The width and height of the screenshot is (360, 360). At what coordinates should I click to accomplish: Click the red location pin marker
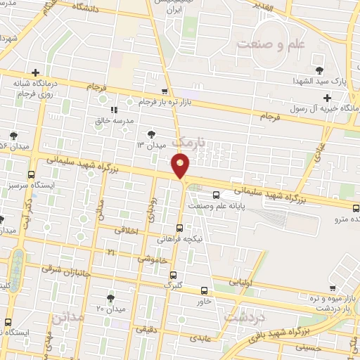(x=181, y=167)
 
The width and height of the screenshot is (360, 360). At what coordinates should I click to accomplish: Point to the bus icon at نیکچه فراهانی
(x=181, y=228)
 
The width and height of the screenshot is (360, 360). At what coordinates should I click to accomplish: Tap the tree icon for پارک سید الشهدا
(x=319, y=70)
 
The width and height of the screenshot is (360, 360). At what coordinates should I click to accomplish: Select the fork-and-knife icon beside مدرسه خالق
(x=114, y=110)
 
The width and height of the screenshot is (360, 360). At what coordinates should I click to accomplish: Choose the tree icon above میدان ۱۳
(x=151, y=134)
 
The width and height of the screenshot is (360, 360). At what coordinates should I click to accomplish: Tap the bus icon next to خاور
(x=204, y=290)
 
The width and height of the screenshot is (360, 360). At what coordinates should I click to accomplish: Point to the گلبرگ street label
(x=173, y=285)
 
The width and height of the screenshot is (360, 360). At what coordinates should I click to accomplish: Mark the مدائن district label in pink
(x=67, y=317)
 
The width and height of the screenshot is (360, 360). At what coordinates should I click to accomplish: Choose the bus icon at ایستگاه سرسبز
(x=31, y=174)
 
